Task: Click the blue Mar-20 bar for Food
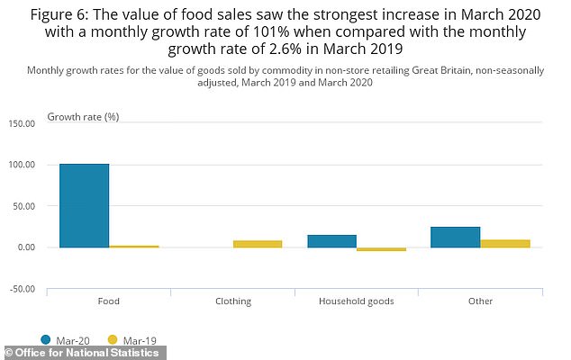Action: [84, 205]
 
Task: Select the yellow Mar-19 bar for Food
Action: [133, 246]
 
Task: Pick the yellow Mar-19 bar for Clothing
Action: [257, 243]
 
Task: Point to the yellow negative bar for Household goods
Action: [381, 249]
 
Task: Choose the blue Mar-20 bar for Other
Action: [455, 237]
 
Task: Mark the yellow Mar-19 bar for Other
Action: [504, 243]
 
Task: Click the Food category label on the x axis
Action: [108, 301]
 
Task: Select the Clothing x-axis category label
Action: [232, 301]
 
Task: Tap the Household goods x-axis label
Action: [356, 301]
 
